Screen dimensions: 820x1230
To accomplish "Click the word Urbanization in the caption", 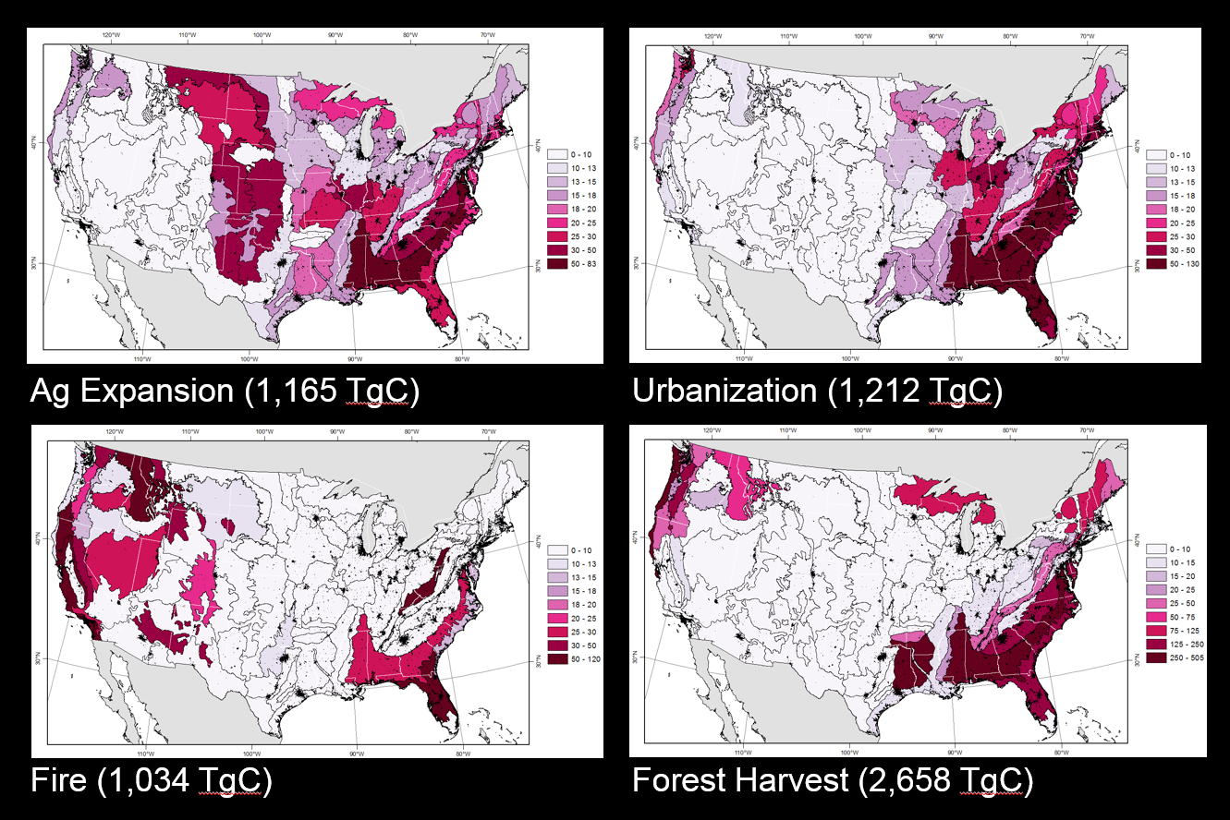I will [x=723, y=392].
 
